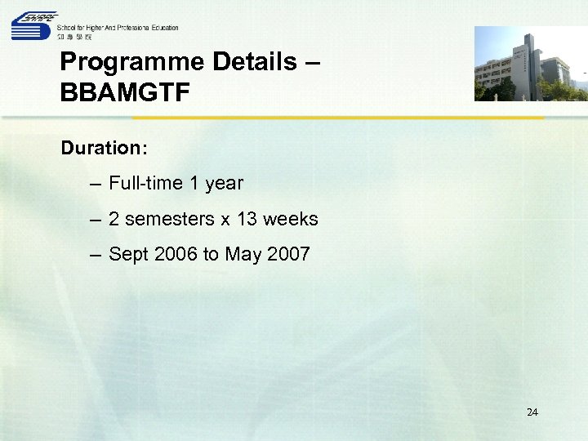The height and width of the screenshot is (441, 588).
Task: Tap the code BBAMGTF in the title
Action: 125,91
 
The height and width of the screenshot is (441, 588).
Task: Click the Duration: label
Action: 104,149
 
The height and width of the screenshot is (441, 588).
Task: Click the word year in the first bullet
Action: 224,184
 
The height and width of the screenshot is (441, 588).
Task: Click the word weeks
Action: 291,220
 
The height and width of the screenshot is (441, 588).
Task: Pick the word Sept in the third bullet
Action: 127,255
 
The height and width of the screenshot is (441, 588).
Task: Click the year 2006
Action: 175,255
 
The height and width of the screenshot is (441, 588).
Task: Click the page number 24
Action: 532,412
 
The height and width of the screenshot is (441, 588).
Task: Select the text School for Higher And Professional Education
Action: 118,28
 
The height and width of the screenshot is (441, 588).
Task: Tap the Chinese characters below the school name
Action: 74,37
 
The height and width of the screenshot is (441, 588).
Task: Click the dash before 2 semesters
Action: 96,220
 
